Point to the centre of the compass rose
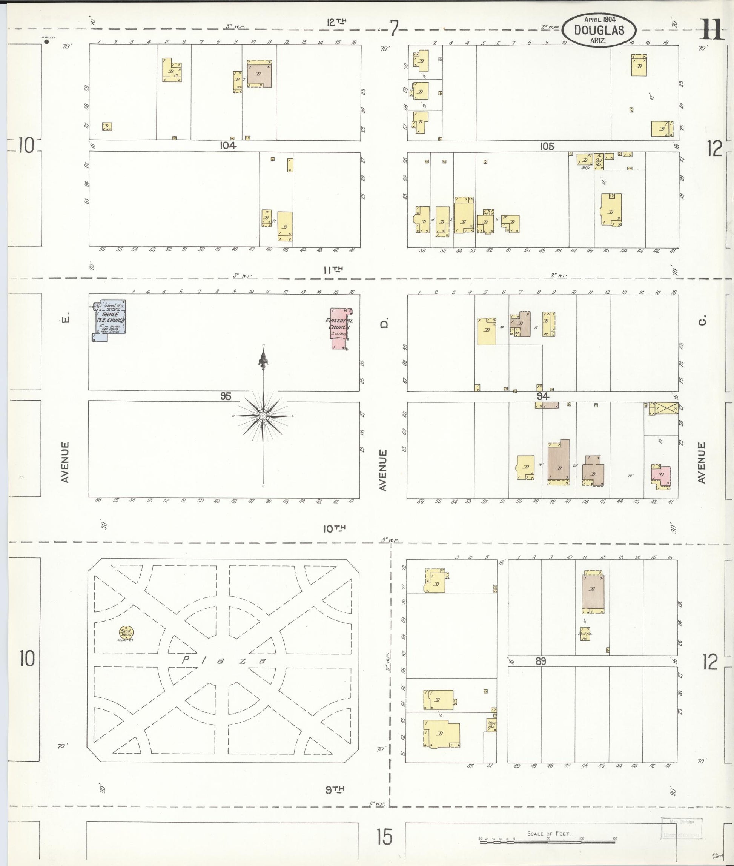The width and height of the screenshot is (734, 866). point(263,416)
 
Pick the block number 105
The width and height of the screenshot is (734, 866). point(547,146)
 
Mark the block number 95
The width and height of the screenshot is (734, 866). point(226,396)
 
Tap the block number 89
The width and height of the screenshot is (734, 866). point(541,661)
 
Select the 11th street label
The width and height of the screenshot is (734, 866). point(333,270)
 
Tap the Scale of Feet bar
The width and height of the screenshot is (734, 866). point(547,841)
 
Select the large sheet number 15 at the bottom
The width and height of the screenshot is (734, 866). point(384,837)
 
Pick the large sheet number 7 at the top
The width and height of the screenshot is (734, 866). point(394,28)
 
